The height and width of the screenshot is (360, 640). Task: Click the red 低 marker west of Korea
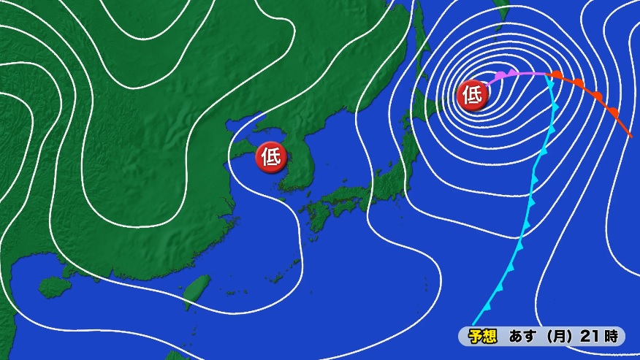coord(270,157)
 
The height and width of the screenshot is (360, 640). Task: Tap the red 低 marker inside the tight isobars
coord(472,95)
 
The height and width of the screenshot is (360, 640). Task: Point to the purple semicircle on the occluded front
coord(500,76)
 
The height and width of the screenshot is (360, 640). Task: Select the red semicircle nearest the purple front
coord(557,75)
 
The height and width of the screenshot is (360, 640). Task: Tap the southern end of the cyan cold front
coord(474,323)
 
